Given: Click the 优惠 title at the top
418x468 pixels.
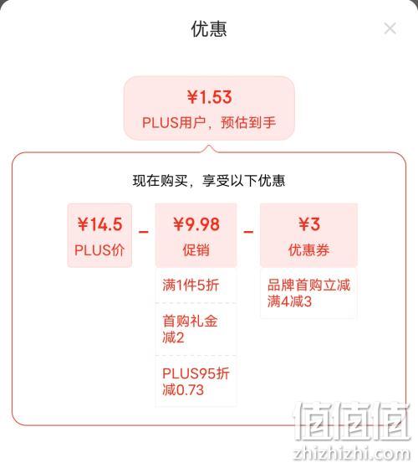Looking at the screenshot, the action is (x=209, y=29).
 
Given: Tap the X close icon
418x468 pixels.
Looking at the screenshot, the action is (x=390, y=28).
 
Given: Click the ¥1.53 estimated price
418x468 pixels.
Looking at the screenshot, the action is (x=210, y=97).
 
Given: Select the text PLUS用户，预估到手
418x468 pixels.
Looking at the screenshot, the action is (x=209, y=123).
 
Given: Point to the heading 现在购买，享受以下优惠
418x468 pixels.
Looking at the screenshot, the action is (x=209, y=181).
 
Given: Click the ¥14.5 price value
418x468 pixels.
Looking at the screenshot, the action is (x=99, y=224).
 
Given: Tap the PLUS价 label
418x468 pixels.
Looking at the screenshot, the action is (x=99, y=249).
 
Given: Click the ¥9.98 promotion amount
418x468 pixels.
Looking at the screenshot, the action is (x=196, y=224).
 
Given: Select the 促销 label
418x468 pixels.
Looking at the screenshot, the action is (x=196, y=249).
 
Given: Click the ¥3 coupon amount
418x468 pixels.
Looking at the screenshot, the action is (x=309, y=224).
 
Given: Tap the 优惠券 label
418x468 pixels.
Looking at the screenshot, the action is (x=309, y=249).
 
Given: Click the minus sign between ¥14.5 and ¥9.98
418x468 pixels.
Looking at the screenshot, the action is (x=144, y=232).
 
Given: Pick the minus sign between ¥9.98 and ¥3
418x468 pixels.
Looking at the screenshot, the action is (x=248, y=232).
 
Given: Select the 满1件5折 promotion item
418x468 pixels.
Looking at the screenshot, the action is (x=191, y=285).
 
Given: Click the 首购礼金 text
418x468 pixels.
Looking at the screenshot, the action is (x=190, y=321).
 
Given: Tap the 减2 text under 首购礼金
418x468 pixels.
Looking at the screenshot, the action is (x=173, y=338).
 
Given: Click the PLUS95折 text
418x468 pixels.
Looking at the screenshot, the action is (x=196, y=373).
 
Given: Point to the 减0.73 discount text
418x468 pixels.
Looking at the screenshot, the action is (x=183, y=390).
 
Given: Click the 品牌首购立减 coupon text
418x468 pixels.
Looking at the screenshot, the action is (x=309, y=285).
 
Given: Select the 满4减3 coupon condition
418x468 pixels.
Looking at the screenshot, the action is (x=289, y=301).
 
